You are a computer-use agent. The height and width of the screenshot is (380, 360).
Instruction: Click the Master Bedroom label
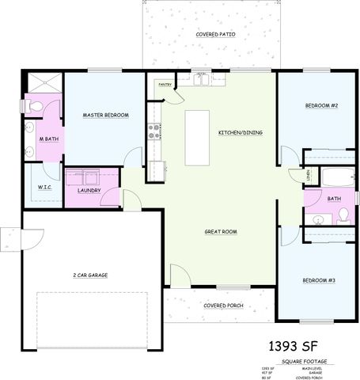click(105, 116)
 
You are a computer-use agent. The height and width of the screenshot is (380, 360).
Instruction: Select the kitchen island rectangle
click(196, 138)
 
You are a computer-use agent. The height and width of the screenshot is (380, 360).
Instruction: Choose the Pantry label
click(165, 83)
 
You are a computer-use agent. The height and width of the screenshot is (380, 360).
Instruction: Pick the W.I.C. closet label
click(44, 188)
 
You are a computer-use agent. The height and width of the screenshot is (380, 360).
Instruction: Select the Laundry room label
click(89, 191)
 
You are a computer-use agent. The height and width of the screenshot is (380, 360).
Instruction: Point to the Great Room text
click(221, 232)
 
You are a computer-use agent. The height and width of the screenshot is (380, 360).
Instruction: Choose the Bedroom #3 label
click(320, 281)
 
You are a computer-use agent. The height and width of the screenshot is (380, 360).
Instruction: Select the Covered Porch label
click(223, 305)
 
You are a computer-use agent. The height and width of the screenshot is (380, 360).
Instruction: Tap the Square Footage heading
click(304, 362)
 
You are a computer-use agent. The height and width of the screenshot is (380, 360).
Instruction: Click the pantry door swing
click(175, 93)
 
